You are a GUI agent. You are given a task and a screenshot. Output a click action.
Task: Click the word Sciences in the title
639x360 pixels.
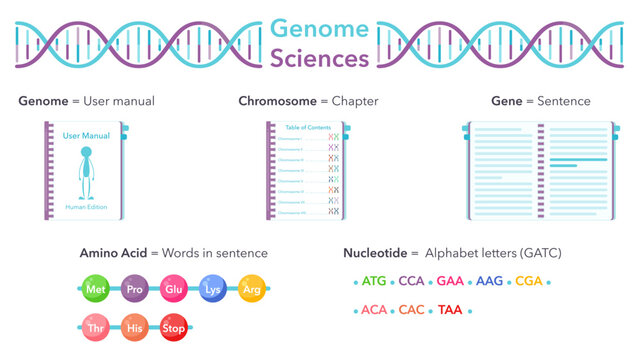[320, 58]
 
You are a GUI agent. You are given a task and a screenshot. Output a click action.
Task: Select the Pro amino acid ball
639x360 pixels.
[134, 289]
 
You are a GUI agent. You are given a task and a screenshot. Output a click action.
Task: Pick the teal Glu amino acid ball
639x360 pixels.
[173, 289]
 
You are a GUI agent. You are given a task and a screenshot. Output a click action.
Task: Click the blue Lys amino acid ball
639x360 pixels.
[213, 289]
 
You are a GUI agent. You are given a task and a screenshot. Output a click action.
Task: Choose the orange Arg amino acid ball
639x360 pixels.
[252, 289]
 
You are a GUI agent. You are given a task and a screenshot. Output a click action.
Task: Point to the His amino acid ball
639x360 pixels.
[134, 327]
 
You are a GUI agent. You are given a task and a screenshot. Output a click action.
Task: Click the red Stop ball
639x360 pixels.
[174, 327]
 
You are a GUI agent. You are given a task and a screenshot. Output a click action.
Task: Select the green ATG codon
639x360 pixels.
[374, 281]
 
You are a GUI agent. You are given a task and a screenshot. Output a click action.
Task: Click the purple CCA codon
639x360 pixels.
[411, 281]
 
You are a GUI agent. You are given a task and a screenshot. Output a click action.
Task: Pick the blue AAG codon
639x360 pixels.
[490, 281]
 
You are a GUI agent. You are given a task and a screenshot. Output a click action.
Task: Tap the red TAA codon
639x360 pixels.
[450, 310]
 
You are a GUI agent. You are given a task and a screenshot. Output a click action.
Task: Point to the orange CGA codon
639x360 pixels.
[528, 281]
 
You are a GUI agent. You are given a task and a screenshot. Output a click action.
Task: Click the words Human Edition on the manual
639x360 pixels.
[86, 207]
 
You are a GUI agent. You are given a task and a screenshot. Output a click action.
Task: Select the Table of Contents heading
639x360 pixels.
[306, 129]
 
